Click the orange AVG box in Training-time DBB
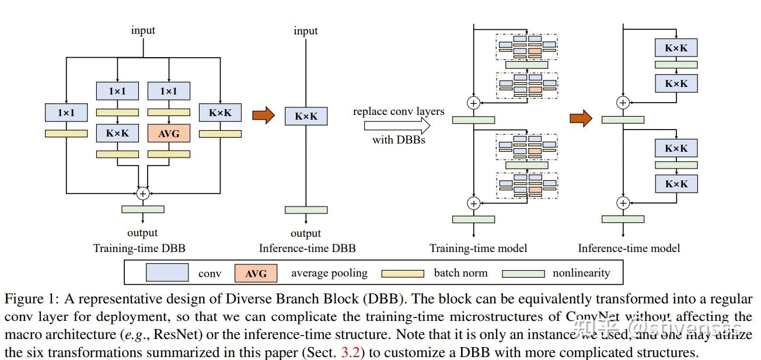click(x=169, y=133)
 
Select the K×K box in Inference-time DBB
click(x=306, y=116)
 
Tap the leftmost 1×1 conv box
click(x=67, y=113)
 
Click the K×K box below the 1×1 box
click(x=117, y=133)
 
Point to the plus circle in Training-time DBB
click(x=143, y=194)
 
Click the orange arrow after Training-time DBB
click(x=263, y=115)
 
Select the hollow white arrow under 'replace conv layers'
click(x=397, y=125)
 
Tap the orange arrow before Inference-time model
click(x=581, y=118)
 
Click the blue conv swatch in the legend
click(x=167, y=272)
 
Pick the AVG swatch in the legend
click(x=256, y=273)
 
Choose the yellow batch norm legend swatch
click(x=403, y=274)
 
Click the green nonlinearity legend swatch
click(x=523, y=274)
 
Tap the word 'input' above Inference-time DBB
click(x=306, y=31)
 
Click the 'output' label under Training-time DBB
click(x=142, y=233)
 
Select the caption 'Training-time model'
click(x=479, y=248)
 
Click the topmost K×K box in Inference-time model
click(x=676, y=47)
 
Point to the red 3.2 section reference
click(x=350, y=352)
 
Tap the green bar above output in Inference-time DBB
click(x=306, y=210)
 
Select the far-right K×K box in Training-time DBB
click(x=220, y=113)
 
